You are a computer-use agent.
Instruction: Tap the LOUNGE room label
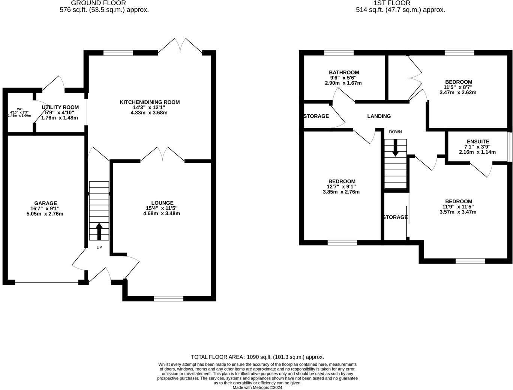coord(162,203)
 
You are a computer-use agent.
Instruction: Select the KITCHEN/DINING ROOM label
coord(150,102)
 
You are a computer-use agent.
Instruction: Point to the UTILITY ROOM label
coord(60,107)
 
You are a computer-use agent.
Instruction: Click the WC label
coord(19,109)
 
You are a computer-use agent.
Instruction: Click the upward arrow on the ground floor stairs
coord(99,231)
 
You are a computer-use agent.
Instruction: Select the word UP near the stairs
coord(99,247)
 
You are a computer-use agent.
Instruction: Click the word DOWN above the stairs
coord(395,132)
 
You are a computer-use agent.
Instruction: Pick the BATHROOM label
coord(344,72)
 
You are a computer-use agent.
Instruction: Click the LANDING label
coord(379,116)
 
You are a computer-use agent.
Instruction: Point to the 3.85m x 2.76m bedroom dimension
coord(341,192)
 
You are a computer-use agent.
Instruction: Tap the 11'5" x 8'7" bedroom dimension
coord(458,87)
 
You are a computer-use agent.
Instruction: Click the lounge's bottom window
coord(168,298)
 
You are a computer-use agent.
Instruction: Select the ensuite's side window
coord(510,147)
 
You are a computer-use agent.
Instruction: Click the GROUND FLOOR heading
coord(98,3)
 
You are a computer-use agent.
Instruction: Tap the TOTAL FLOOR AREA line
coord(257,357)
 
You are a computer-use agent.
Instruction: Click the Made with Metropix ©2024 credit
coord(257,387)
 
